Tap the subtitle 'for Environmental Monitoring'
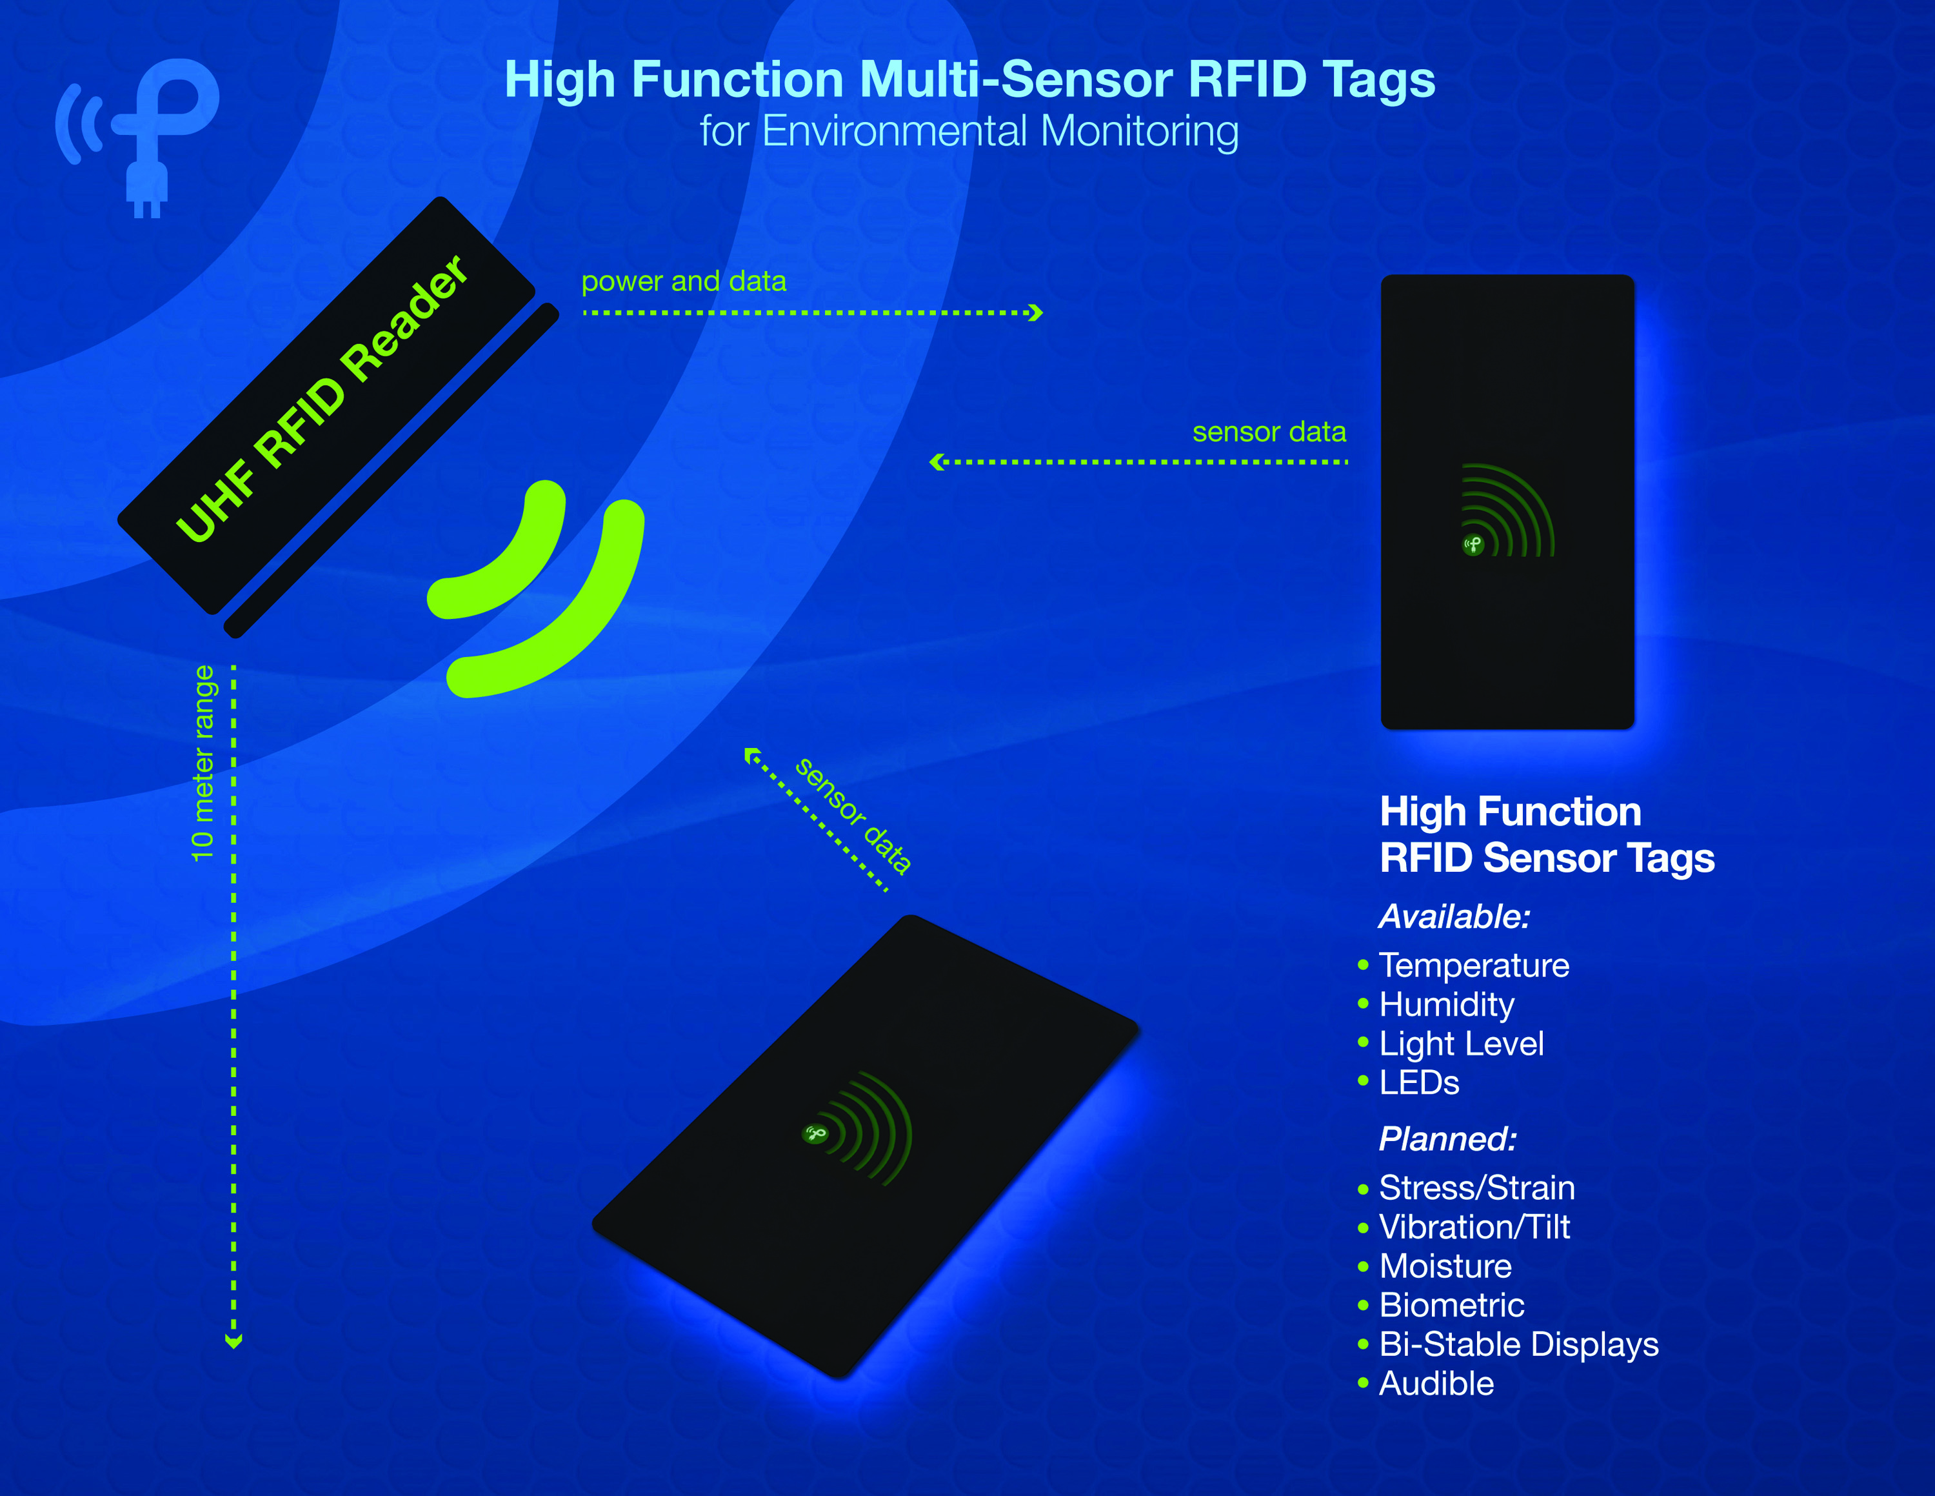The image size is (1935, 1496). [969, 131]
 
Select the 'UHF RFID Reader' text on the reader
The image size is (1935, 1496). [322, 398]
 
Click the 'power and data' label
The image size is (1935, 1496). [683, 281]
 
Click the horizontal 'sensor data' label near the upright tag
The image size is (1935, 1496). [1269, 432]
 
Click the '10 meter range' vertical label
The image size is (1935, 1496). [203, 763]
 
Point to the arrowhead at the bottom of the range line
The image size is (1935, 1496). [234, 1341]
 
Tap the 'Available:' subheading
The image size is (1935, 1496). [1454, 916]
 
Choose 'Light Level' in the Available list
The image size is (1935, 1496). [1461, 1044]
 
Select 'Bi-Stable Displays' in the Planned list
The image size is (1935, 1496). [1518, 1344]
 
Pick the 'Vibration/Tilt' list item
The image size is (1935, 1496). [1474, 1227]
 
